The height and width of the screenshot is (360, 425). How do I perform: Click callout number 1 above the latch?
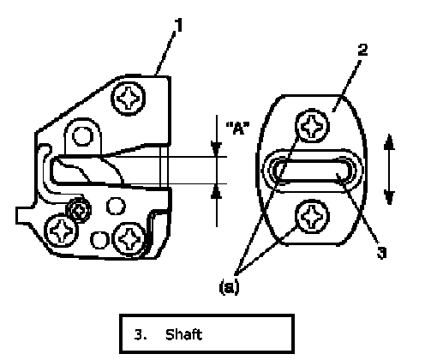point(179,25)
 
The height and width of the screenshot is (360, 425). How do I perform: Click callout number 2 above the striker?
point(362,50)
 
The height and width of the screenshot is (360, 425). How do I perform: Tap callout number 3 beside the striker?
point(381,253)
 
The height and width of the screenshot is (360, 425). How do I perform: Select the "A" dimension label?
point(237,128)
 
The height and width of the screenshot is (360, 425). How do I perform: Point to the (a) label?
point(229,287)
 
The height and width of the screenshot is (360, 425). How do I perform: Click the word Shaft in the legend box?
point(183,334)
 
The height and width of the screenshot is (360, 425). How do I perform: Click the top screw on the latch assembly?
point(129,99)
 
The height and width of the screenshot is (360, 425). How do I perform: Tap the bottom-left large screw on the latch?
point(61,231)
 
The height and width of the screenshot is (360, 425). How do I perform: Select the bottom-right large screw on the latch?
point(129,239)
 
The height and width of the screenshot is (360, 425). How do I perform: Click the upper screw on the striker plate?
point(312,126)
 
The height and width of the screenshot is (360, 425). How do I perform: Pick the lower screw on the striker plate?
point(312,216)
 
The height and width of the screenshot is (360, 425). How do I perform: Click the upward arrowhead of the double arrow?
point(389,142)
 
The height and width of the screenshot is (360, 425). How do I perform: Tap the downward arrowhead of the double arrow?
point(389,197)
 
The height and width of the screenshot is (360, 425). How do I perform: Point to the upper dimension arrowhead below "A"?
point(217,149)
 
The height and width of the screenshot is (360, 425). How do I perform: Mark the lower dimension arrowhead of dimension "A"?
point(217,191)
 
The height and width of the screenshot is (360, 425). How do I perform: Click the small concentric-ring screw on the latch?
point(78,211)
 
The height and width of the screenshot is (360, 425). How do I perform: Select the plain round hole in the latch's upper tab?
point(82,136)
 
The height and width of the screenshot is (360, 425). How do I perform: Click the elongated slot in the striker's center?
point(312,171)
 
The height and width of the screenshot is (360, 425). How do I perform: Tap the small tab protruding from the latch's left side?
point(25,216)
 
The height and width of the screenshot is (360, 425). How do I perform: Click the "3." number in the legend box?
point(141,335)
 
